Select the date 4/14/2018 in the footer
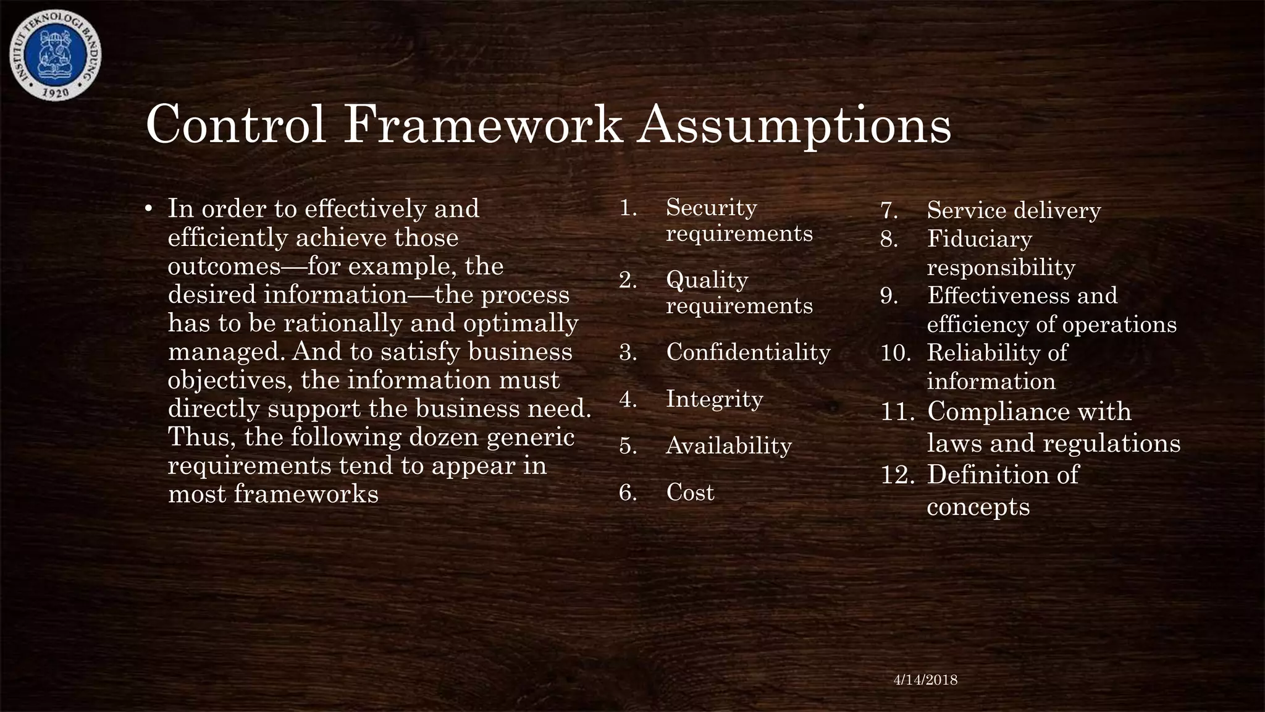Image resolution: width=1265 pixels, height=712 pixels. pyautogui.click(x=926, y=680)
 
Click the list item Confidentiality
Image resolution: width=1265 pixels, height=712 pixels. pyautogui.click(x=748, y=352)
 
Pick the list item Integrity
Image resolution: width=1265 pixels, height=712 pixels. pyautogui.click(x=714, y=399)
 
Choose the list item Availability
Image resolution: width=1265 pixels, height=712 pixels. pyautogui.click(x=728, y=446)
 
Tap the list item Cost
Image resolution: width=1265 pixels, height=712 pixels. pyautogui.click(x=690, y=493)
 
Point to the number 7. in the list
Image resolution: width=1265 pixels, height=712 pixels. pyautogui.click(x=889, y=211)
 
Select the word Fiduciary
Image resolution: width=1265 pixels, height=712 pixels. pyautogui.click(x=979, y=239)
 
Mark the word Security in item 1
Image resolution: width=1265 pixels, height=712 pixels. pyautogui.click(x=711, y=208)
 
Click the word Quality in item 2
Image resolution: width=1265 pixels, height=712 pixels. pyautogui.click(x=707, y=280)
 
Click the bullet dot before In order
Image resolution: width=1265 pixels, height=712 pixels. pyautogui.click(x=148, y=210)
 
